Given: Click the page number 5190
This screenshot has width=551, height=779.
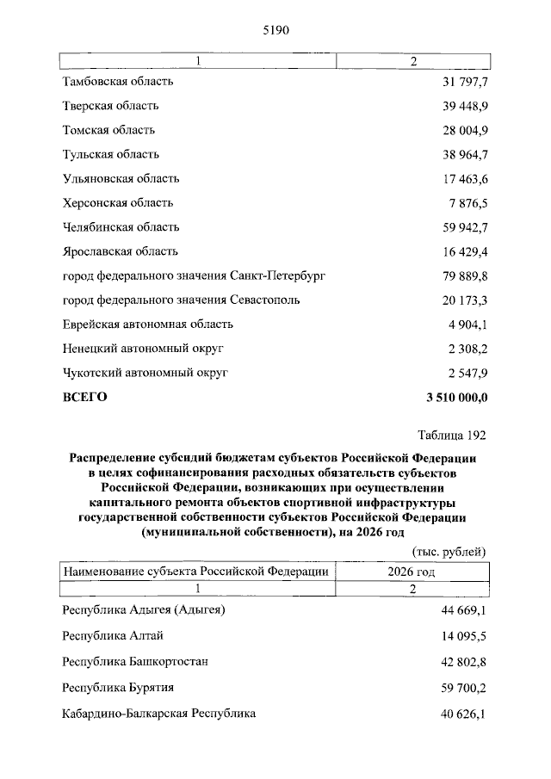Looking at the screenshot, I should click(x=277, y=30).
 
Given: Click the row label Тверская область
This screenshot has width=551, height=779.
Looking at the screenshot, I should click(x=110, y=106).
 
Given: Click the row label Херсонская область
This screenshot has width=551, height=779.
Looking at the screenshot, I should click(x=118, y=203).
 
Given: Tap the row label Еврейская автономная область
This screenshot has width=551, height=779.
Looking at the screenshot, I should click(x=148, y=325).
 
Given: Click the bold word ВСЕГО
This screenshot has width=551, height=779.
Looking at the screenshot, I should click(x=84, y=397).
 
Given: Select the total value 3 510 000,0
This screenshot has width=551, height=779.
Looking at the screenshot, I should click(x=456, y=397).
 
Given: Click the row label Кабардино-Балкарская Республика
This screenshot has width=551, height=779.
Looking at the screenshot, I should click(x=159, y=714).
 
